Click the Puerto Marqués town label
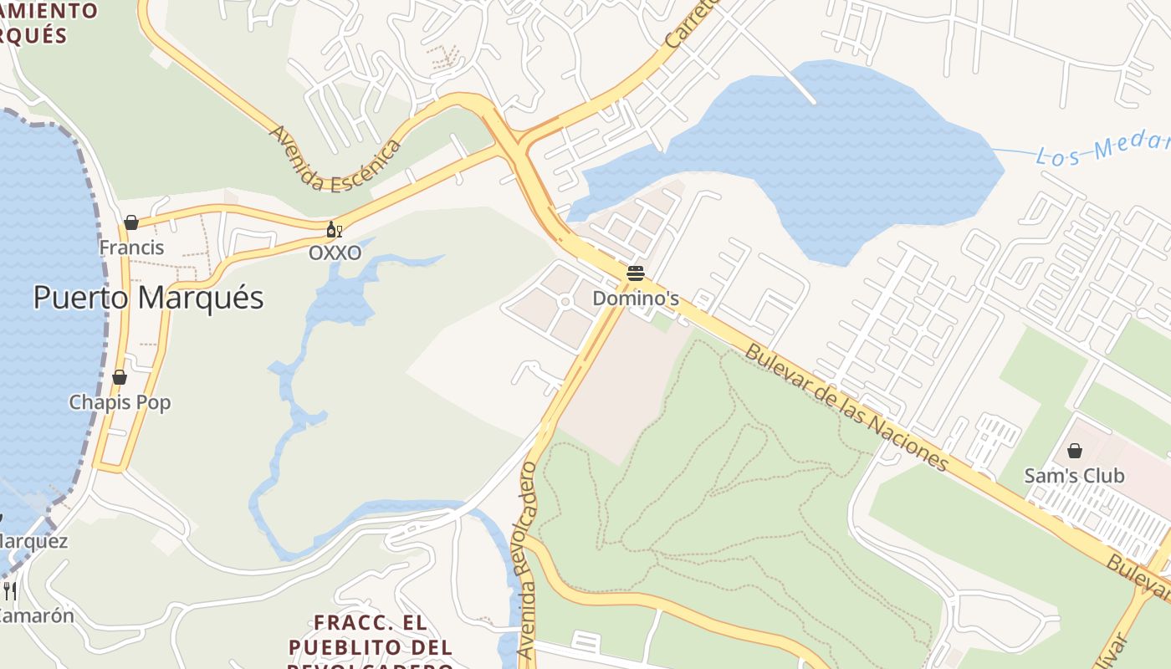pyautogui.click(x=148, y=298)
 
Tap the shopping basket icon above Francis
pyautogui.click(x=131, y=222)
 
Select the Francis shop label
pyautogui.click(x=131, y=248)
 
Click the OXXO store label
pyautogui.click(x=335, y=253)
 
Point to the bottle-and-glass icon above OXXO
pyautogui.click(x=334, y=229)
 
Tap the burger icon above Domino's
pyautogui.click(x=635, y=273)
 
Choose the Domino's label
pyautogui.click(x=635, y=299)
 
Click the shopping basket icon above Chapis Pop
pyautogui.click(x=120, y=377)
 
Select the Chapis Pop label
pyautogui.click(x=120, y=402)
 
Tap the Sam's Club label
pyautogui.click(x=1074, y=476)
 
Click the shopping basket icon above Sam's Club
pyautogui.click(x=1075, y=452)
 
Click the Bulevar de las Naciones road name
pyautogui.click(x=846, y=406)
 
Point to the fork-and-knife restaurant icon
pyautogui.click(x=10, y=590)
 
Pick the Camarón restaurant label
pyautogui.click(x=35, y=615)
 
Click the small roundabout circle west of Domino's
pyautogui.click(x=565, y=301)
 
